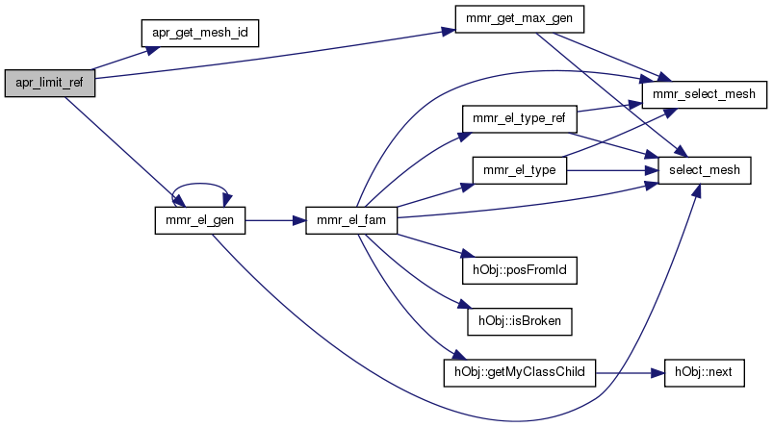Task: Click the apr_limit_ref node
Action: [49, 83]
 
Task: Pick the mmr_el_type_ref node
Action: [519, 119]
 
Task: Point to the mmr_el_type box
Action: [519, 170]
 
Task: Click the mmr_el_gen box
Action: [199, 220]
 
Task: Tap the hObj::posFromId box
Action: [519, 270]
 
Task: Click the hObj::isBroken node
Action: [519, 320]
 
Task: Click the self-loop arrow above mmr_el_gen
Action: [199, 188]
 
